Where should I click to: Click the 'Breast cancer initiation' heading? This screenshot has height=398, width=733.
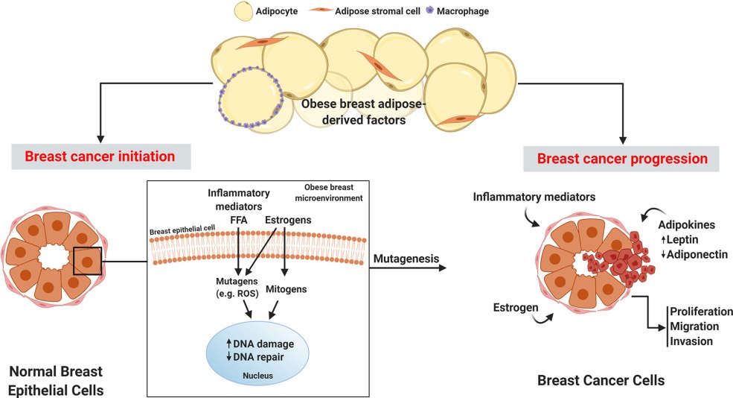[100, 157]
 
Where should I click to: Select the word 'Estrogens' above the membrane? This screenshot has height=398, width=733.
[287, 221]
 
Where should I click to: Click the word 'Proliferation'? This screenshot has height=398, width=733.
[701, 312]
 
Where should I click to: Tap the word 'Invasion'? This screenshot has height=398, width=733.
[691, 341]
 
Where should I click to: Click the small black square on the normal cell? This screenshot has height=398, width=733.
[88, 262]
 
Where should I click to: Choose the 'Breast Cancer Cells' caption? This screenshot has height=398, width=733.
[601, 381]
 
